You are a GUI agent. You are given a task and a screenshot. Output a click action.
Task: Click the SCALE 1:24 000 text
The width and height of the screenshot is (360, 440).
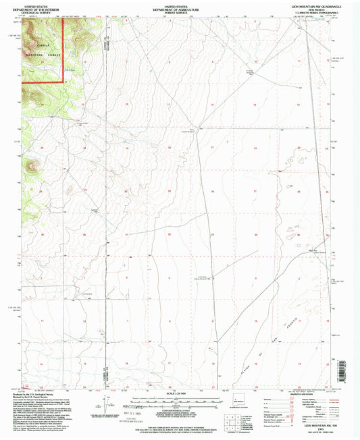coord(179,392)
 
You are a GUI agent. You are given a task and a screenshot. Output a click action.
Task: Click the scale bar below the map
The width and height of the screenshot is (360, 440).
coord(179,397)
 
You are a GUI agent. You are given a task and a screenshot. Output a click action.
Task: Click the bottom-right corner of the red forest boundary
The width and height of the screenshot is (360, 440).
coord(64,82)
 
